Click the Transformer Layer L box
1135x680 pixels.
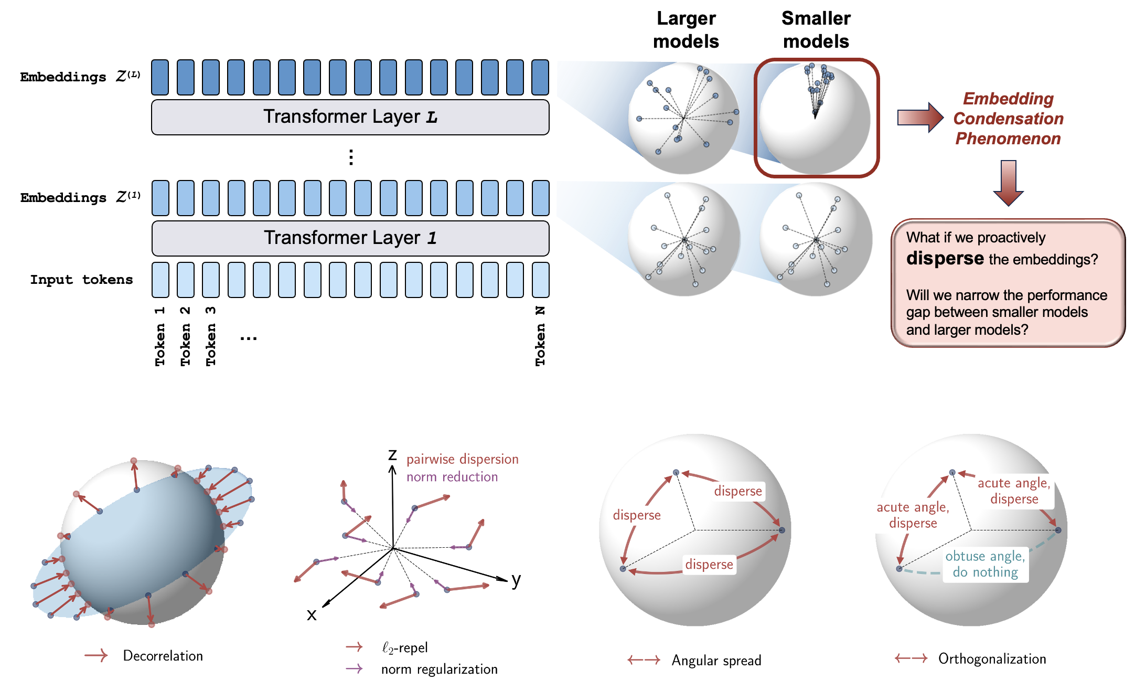[x=350, y=117]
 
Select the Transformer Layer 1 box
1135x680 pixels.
[x=350, y=238]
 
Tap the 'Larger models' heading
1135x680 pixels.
[x=686, y=30]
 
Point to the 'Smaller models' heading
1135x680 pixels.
[x=816, y=30]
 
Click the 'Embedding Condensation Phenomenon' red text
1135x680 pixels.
[x=1008, y=119]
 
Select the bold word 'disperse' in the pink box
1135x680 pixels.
[x=945, y=258]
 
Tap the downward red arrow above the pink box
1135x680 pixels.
[x=1008, y=183]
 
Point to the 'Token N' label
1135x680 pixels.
[x=540, y=336]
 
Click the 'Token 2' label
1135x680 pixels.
[x=185, y=336]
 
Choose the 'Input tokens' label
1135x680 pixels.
[x=81, y=280]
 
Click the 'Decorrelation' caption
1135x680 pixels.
[x=163, y=656]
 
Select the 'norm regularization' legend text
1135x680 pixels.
[x=439, y=670]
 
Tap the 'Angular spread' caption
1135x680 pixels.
[x=716, y=661]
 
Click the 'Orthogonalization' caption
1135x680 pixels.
[x=992, y=659]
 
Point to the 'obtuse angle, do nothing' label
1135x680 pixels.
[x=985, y=564]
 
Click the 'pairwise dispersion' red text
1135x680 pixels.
[x=462, y=459]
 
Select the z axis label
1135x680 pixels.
[x=392, y=454]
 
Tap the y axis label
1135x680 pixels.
[x=516, y=580]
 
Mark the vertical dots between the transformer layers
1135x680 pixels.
[x=351, y=157]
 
